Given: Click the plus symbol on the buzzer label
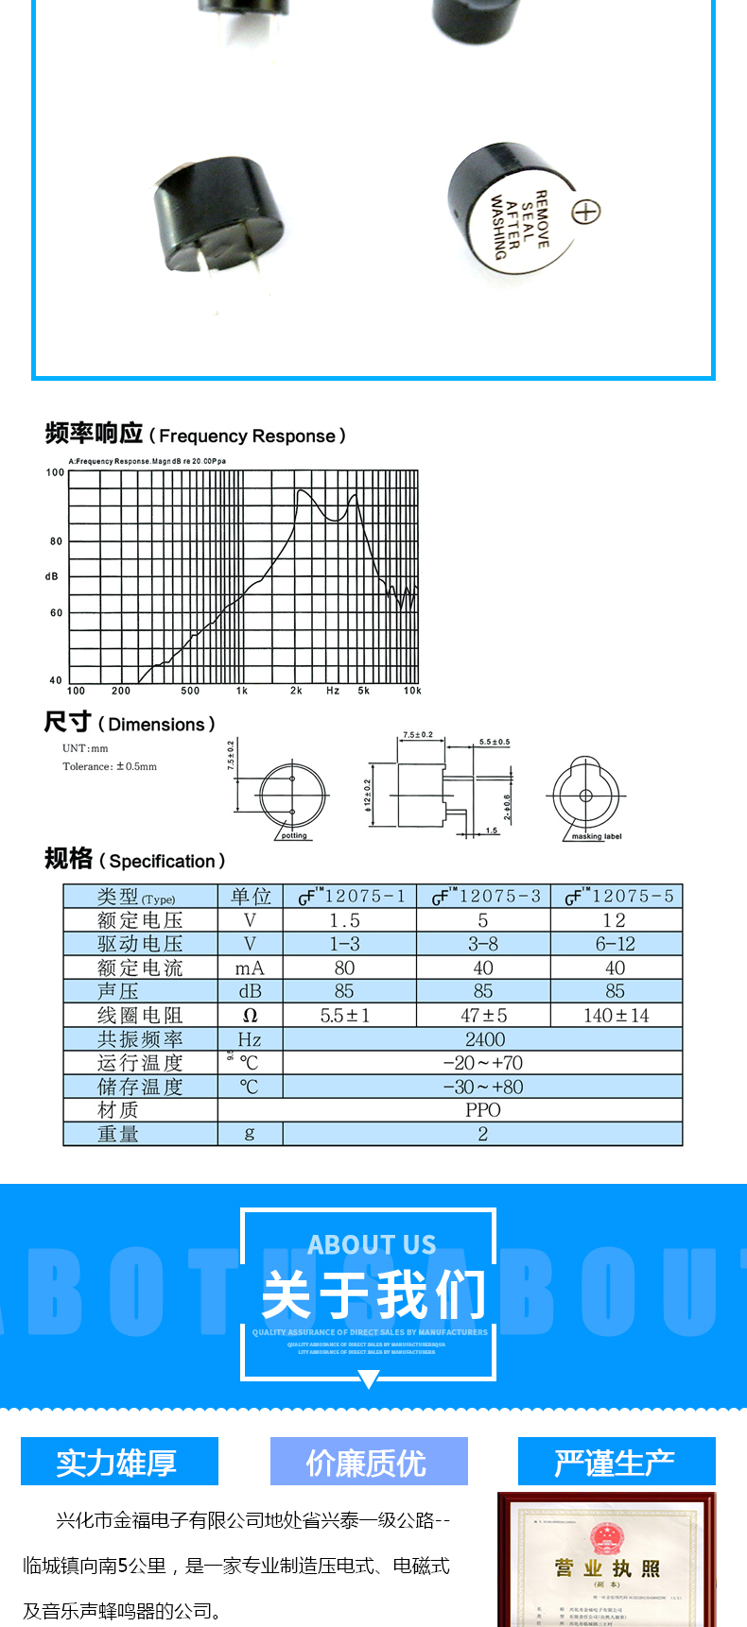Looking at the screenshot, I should pyautogui.click(x=585, y=212).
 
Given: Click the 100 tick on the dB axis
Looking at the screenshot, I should pyautogui.click(x=55, y=472).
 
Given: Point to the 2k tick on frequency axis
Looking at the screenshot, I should pyautogui.click(x=296, y=691).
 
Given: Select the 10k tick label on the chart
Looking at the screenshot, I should pyautogui.click(x=412, y=691).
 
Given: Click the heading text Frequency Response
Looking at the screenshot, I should pyautogui.click(x=247, y=437).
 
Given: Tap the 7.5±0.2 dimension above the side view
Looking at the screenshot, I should pyautogui.click(x=418, y=734).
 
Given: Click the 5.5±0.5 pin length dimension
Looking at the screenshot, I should pyautogui.click(x=494, y=742).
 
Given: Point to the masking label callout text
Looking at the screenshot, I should pyautogui.click(x=597, y=836).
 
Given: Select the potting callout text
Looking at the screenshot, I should pyautogui.click(x=294, y=835).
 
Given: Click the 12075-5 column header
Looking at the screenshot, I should pyautogui.click(x=619, y=896).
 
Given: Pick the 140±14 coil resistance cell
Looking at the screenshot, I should pyautogui.click(x=616, y=1016).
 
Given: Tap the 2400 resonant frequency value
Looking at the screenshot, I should pyautogui.click(x=484, y=1039).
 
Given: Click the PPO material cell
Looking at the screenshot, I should pyautogui.click(x=482, y=1110).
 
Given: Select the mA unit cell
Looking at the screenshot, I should pyautogui.click(x=250, y=968).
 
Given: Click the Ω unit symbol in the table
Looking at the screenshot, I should pyautogui.click(x=250, y=1016).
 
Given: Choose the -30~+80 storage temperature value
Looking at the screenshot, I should pyautogui.click(x=482, y=1087).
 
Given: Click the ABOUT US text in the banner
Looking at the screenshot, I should pyautogui.click(x=372, y=1244).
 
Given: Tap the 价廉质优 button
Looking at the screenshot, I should pyautogui.click(x=369, y=1463).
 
